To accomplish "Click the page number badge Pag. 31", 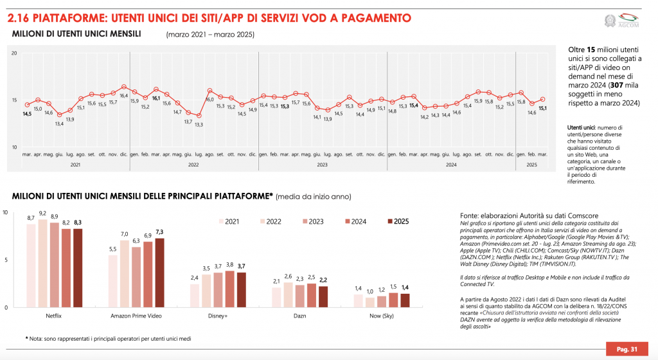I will click(x=626, y=349).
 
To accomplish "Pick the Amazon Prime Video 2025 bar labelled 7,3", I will click(x=159, y=273).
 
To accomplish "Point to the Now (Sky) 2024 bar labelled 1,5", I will click(x=393, y=300).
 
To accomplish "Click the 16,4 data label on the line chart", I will click(x=123, y=95).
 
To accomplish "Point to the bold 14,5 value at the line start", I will click(x=26, y=114).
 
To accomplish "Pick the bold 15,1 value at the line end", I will click(x=542, y=109).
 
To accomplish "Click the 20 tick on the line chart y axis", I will click(x=13, y=53).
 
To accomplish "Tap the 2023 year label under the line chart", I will click(x=321, y=165).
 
